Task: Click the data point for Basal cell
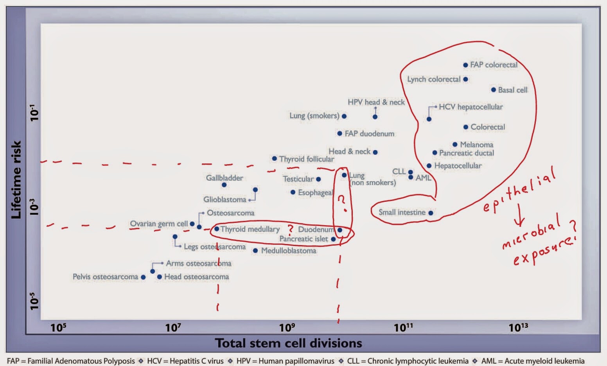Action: (x=494, y=90)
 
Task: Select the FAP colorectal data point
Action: (x=465, y=65)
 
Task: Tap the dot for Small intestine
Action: (x=431, y=213)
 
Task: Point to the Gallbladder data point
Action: (x=224, y=185)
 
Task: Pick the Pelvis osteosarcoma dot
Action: (x=143, y=277)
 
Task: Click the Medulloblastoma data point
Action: (x=255, y=251)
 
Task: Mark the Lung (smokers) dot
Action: (x=344, y=116)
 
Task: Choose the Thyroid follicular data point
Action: (x=275, y=159)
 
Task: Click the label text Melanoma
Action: (x=476, y=145)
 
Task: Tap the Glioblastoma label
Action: (x=224, y=199)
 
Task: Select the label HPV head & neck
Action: (x=376, y=102)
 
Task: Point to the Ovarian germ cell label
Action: (x=159, y=224)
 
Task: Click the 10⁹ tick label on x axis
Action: (x=287, y=327)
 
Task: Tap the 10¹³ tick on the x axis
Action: (x=518, y=327)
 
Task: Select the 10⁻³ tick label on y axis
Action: (x=35, y=207)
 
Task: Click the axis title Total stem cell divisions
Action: (x=289, y=343)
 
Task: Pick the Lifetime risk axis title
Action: (x=16, y=180)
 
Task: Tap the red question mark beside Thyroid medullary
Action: (x=290, y=229)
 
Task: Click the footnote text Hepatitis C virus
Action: (x=196, y=361)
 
